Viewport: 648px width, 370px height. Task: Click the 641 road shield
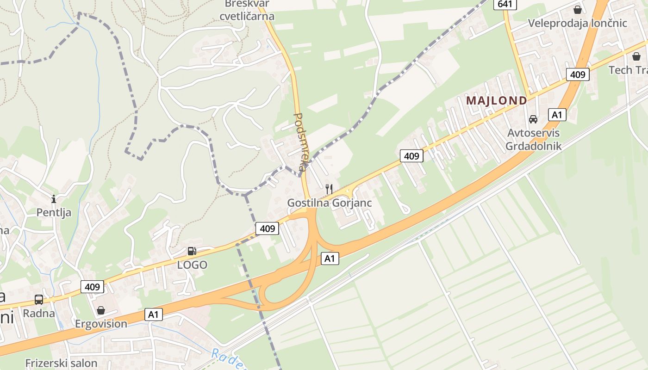pyautogui.click(x=505, y=4)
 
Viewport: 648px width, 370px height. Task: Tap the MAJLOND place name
pyautogui.click(x=496, y=100)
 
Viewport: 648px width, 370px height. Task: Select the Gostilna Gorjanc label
pyautogui.click(x=329, y=203)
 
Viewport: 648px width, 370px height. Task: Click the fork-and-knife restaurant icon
pyautogui.click(x=329, y=189)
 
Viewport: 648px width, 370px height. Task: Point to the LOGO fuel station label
pyautogui.click(x=192, y=265)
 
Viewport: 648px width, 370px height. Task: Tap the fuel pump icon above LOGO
pyautogui.click(x=192, y=251)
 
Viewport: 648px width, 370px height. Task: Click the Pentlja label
pyautogui.click(x=54, y=212)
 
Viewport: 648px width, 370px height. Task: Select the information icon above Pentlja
pyautogui.click(x=54, y=199)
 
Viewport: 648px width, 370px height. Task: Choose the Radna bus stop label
pyautogui.click(x=39, y=313)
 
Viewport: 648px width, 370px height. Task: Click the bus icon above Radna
pyautogui.click(x=39, y=300)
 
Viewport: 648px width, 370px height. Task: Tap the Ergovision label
pyautogui.click(x=101, y=323)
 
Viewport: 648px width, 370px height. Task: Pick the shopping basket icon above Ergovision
pyautogui.click(x=101, y=310)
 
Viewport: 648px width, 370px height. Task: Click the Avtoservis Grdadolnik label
pyautogui.click(x=533, y=140)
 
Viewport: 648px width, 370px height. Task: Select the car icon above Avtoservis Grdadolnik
pyautogui.click(x=533, y=119)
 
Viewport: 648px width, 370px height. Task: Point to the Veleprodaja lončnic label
pyautogui.click(x=578, y=23)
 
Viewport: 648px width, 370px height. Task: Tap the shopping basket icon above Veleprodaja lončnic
pyautogui.click(x=578, y=9)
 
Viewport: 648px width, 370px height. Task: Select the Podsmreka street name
pyautogui.click(x=300, y=142)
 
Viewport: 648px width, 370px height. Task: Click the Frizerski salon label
pyautogui.click(x=61, y=363)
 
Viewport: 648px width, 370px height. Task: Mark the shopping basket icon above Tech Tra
pyautogui.click(x=636, y=56)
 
